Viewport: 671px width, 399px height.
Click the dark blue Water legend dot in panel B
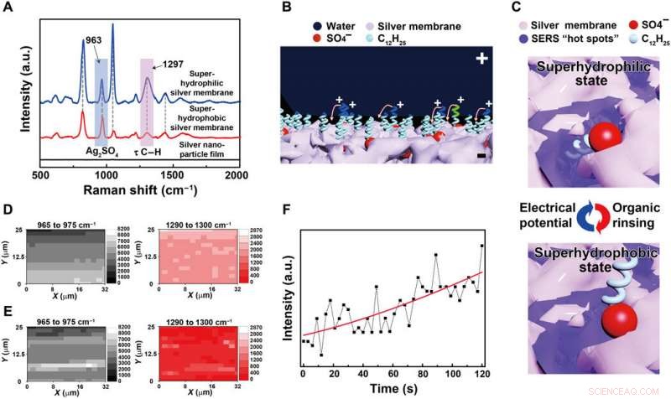298,26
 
